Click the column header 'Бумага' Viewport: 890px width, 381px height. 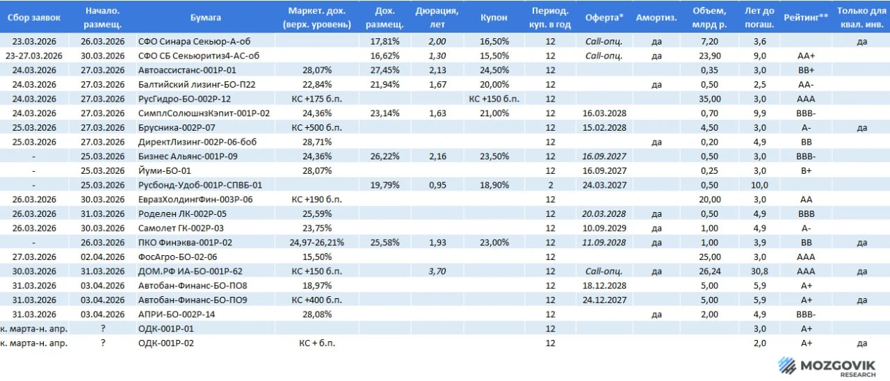tap(205, 17)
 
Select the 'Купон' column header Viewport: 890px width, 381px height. tap(494, 17)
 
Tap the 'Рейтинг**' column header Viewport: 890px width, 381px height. tap(806, 17)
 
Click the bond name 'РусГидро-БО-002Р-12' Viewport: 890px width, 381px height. tap(184, 99)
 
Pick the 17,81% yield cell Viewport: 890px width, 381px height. tap(385, 41)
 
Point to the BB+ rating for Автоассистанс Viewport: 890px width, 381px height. tap(806, 70)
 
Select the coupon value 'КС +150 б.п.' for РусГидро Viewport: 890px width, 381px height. tap(494, 99)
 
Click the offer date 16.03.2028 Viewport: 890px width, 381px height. tap(604, 113)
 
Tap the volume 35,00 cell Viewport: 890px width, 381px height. tap(710, 99)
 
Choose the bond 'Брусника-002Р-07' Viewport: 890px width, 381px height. tap(177, 128)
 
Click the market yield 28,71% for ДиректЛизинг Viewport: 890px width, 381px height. tap(316, 143)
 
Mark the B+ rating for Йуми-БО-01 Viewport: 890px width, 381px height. tap(806, 171)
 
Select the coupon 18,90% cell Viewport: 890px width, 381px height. tap(494, 185)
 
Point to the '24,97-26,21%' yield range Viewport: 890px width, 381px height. tap(316, 243)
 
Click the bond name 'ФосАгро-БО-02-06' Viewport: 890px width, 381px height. tap(177, 257)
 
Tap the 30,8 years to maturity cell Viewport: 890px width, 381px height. tap(760, 271)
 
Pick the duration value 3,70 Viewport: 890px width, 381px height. tap(437, 271)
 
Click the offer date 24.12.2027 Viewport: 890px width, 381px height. tap(604, 300)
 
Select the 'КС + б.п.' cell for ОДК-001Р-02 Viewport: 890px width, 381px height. tap(316, 343)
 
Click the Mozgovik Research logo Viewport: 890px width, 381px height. tap(827, 366)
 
